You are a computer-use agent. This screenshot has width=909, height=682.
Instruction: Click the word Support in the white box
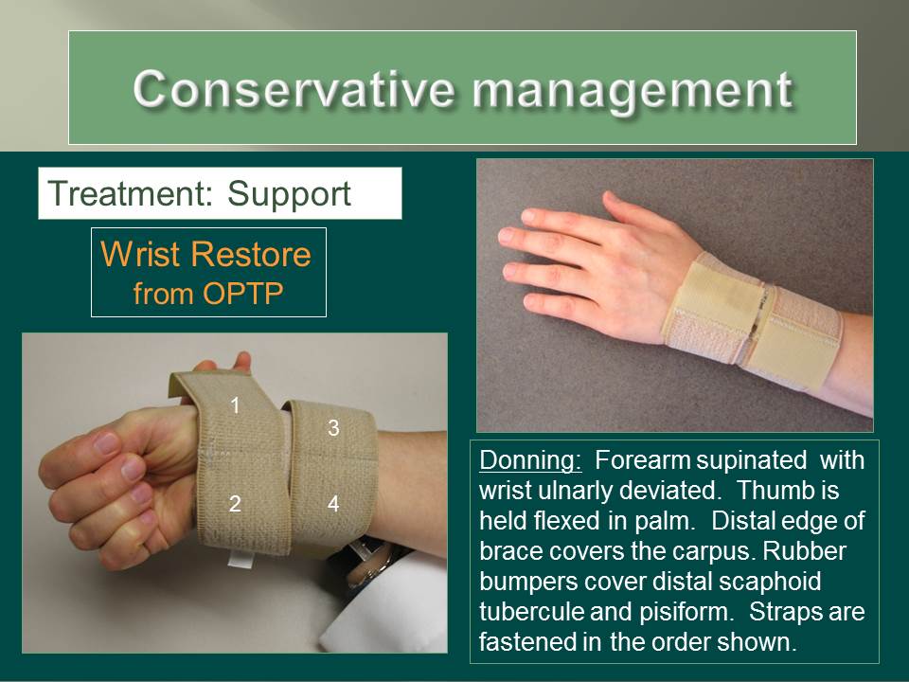289,195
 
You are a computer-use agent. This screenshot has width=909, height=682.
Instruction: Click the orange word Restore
251,254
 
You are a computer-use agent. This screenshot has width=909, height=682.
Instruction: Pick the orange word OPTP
242,294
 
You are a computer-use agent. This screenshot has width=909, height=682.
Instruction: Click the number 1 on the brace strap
235,405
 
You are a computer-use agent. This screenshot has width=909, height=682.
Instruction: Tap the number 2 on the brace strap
235,503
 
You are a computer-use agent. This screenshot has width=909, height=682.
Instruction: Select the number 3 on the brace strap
333,428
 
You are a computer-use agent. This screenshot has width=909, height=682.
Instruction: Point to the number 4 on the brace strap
333,503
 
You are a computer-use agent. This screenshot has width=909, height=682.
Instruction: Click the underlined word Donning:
530,461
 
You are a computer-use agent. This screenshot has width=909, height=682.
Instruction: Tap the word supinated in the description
751,461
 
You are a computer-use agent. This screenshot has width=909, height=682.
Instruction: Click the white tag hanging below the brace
240,559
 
